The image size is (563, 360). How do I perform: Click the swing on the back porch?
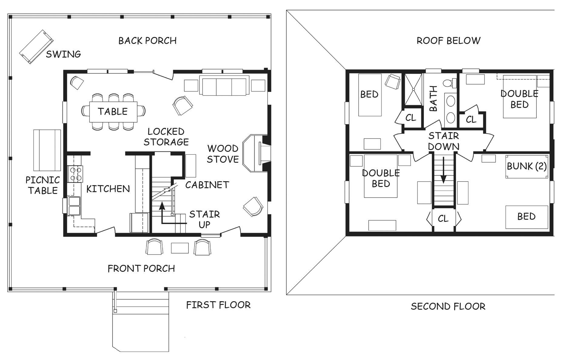point(36,47)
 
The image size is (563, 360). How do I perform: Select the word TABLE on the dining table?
point(113,112)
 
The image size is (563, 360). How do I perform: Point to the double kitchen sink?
point(74,206)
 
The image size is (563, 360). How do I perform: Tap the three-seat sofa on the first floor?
point(224,85)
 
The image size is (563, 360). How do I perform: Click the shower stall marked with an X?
point(413,89)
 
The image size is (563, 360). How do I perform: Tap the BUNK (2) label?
point(527,166)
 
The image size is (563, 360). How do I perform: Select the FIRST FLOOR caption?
point(218,305)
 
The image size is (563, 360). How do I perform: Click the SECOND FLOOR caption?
point(448,306)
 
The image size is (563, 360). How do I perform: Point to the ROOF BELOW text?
point(448,41)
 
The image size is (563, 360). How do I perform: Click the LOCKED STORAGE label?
point(166,137)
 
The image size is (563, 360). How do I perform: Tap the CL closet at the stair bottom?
point(443,218)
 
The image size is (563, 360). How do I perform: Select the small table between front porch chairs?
point(180,248)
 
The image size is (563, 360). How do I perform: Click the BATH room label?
point(434,98)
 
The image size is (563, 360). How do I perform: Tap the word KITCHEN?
point(108,189)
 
